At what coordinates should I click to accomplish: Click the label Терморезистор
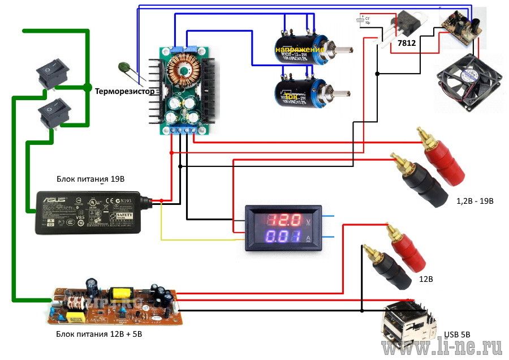124,91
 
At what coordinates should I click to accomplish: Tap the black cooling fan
464,83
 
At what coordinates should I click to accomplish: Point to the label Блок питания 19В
90,179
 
